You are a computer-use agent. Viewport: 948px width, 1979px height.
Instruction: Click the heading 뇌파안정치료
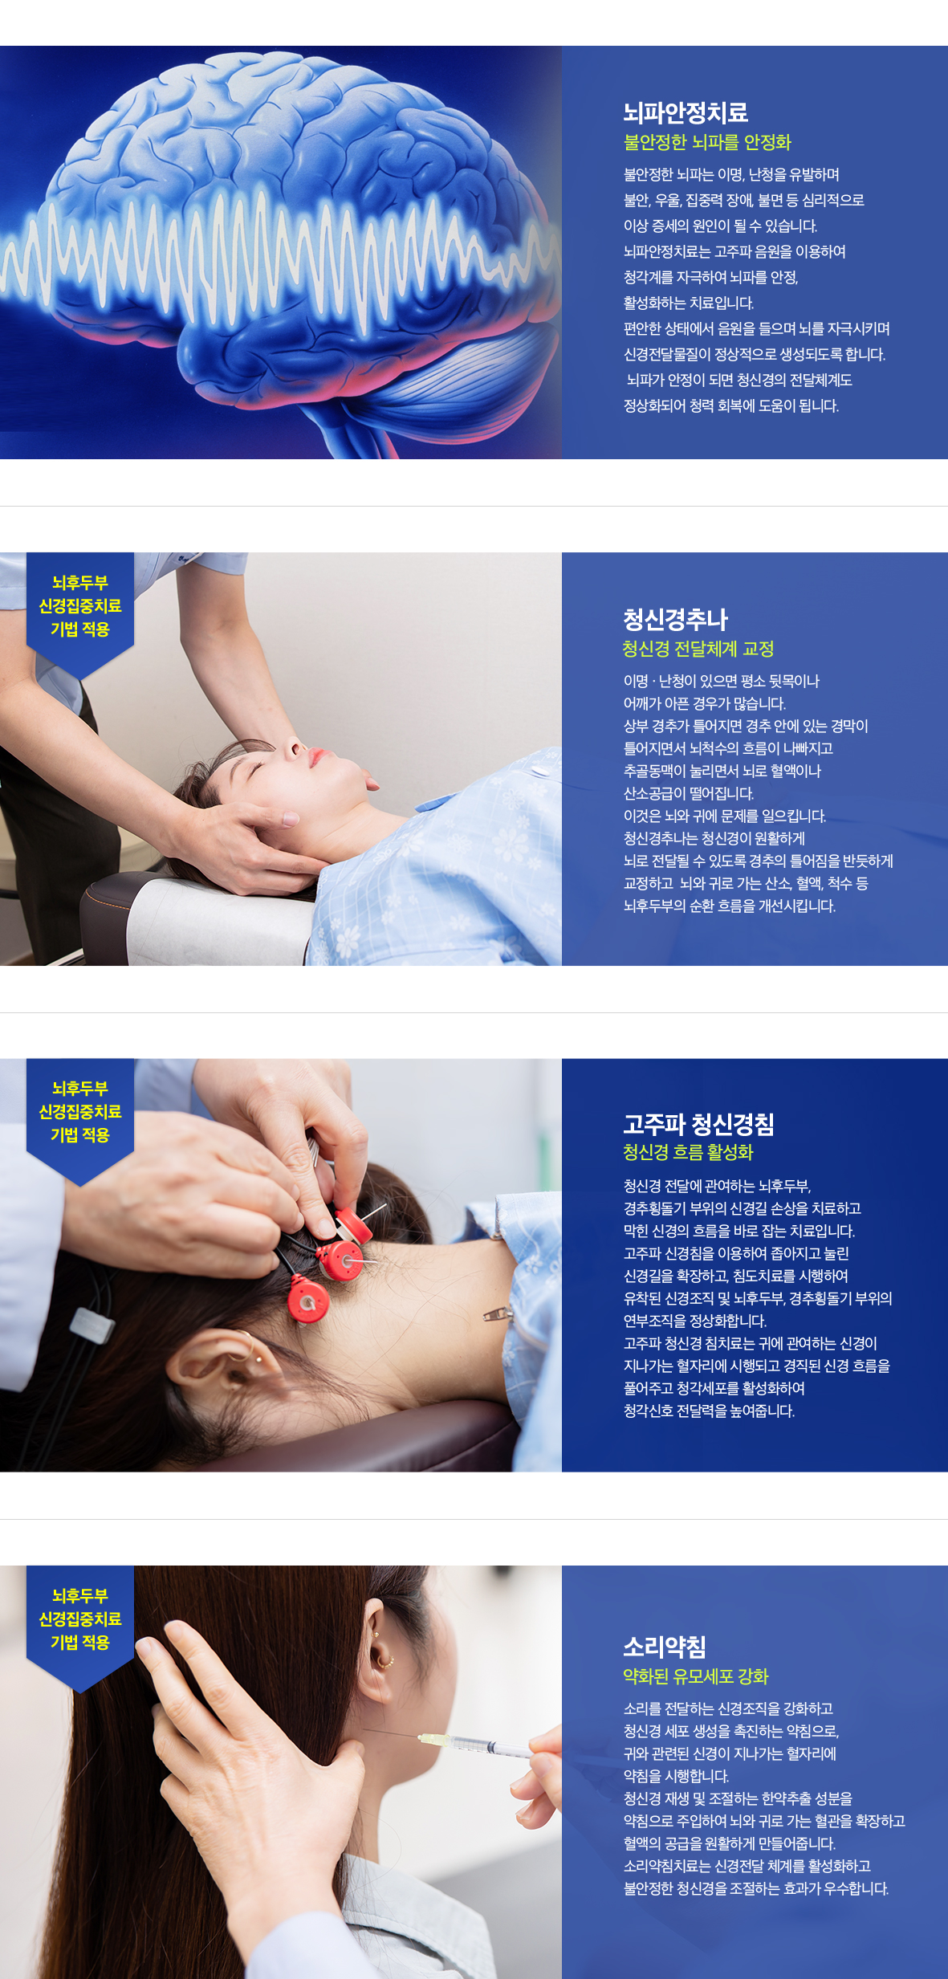coord(686,113)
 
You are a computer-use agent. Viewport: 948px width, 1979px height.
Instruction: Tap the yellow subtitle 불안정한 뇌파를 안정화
coord(707,142)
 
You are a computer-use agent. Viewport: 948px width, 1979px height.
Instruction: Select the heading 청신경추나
coord(676,619)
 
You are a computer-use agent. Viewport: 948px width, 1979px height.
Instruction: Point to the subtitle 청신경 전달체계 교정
coord(698,649)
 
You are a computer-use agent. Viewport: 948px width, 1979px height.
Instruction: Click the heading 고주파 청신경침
coord(699,1124)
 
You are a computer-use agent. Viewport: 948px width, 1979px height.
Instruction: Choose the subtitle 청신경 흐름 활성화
coord(688,1152)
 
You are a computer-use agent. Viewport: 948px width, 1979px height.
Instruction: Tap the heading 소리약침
coord(665,1647)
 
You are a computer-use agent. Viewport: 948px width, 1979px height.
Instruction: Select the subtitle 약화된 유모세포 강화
coord(696,1676)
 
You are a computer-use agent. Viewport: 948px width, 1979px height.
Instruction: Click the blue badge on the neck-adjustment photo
coord(80,608)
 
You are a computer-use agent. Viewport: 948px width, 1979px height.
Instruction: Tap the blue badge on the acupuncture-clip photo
coord(80,1114)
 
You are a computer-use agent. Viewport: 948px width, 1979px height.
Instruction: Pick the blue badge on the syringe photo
coord(80,1621)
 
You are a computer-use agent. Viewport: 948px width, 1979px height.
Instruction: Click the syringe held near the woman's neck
coord(474,1743)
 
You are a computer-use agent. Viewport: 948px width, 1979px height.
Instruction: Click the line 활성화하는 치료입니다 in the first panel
coord(689,303)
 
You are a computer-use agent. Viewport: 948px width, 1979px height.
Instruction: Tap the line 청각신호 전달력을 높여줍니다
coord(709,1411)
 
